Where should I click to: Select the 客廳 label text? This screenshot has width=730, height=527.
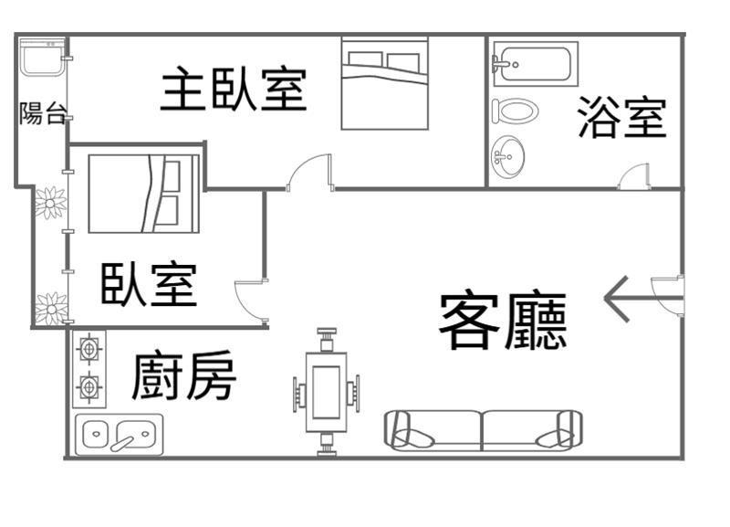tap(503, 321)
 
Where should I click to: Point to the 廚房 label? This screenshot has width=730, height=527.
tap(183, 376)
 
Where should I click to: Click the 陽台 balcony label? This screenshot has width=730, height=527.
tap(43, 114)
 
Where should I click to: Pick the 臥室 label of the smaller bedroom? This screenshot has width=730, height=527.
tap(149, 284)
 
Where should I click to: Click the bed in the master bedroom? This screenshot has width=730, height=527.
tap(384, 83)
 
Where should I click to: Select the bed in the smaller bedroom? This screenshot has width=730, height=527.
tap(143, 194)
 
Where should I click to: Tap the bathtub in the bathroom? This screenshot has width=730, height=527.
tap(532, 63)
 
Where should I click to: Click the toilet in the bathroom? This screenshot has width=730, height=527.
tap(515, 111)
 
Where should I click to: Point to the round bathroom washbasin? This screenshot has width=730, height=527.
tap(508, 157)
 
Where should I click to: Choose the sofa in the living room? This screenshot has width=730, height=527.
tap(483, 429)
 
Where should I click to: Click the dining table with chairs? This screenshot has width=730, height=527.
tap(326, 392)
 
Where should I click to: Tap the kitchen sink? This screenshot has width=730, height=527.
tap(120, 435)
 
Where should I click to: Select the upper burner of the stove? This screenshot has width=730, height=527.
tap(89, 349)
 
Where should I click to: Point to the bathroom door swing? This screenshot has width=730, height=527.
tap(634, 177)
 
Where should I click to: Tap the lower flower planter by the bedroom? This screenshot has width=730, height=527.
tap(51, 309)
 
